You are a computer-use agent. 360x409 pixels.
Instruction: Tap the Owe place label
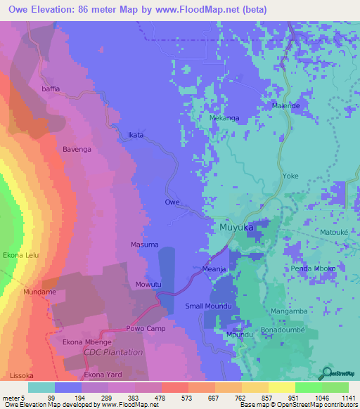pos(172,202)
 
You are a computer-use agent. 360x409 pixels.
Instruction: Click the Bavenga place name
pos(78,150)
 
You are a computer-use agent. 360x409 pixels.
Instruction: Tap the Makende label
pos(285,106)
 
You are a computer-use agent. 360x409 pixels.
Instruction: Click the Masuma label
pos(144,245)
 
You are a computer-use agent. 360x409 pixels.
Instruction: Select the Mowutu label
pos(148,285)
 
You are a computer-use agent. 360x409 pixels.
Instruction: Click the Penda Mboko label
pos(313,268)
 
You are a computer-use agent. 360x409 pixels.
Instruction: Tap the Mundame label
pos(39,291)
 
